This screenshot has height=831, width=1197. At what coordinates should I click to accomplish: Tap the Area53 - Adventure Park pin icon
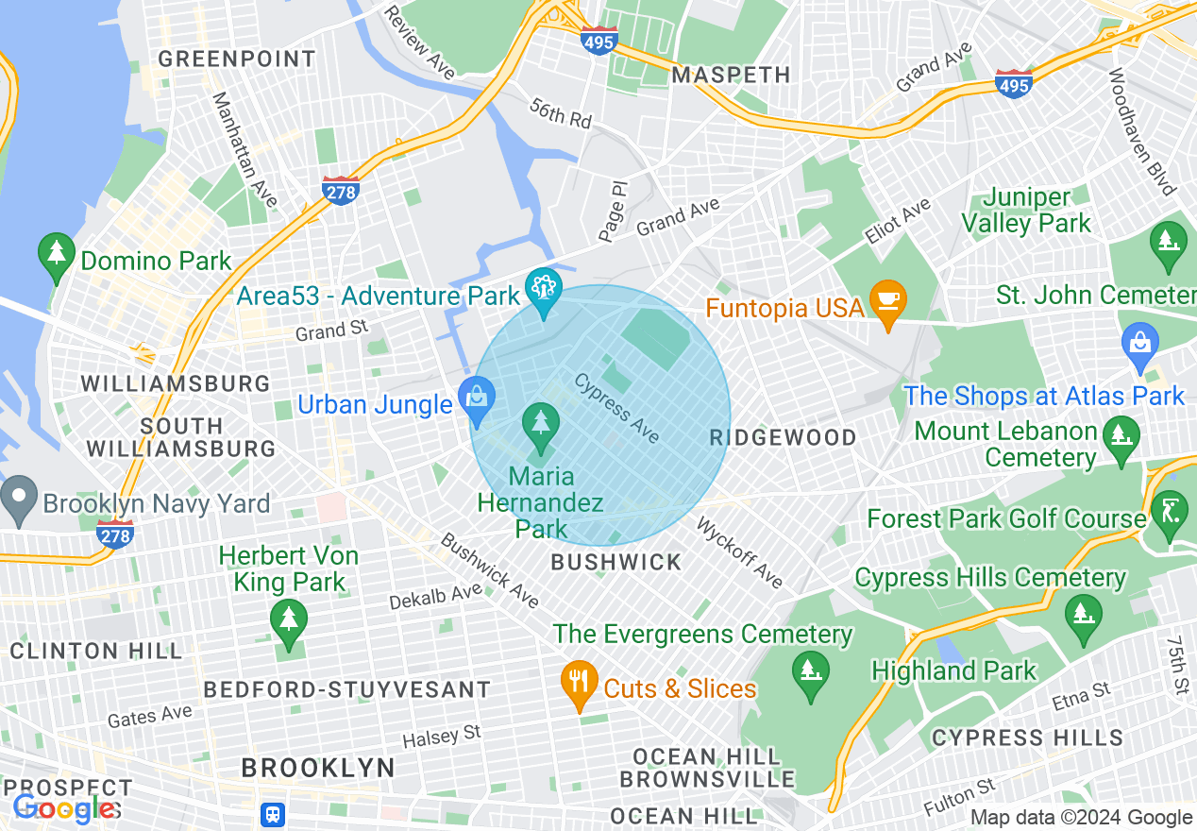point(544,290)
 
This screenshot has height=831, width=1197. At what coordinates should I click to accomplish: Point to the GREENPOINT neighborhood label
point(237,59)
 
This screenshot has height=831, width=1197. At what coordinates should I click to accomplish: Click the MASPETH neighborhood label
point(731,75)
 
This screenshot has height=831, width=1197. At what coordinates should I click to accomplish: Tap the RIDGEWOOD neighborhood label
point(784,437)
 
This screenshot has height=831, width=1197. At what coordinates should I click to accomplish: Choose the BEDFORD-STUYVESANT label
point(347,690)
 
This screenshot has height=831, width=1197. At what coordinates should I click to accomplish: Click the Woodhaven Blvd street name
point(1142,132)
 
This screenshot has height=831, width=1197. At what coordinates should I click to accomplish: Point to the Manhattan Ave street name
point(244,149)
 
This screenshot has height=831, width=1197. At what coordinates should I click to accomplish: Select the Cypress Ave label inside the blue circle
point(617,408)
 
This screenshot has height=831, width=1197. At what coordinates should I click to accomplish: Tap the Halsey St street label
point(442,736)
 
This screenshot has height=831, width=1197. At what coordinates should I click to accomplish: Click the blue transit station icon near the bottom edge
point(274,813)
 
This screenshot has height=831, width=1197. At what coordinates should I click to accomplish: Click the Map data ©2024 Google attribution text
point(1081,818)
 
